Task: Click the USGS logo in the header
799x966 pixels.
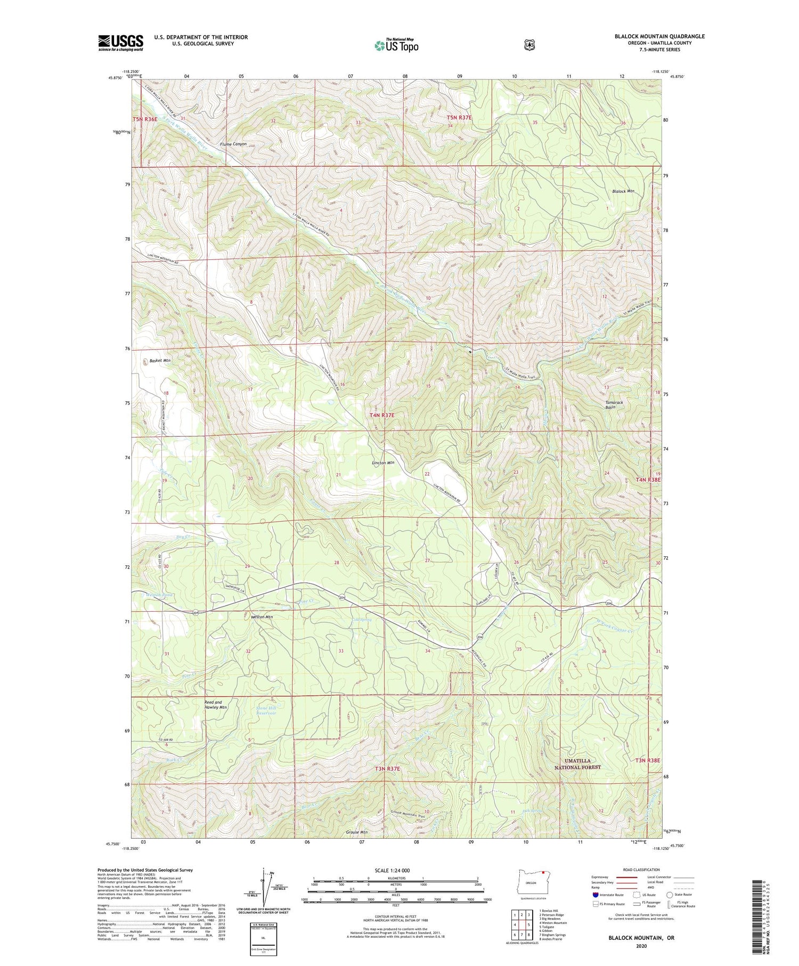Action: (120, 43)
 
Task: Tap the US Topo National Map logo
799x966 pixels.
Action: (396, 45)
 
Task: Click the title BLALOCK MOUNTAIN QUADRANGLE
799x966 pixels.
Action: (652, 36)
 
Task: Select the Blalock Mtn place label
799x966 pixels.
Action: (623, 191)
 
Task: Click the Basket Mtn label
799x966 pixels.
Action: (160, 361)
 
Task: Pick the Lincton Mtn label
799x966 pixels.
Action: (383, 463)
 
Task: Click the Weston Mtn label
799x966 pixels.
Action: (262, 617)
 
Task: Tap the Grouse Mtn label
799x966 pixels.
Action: (356, 832)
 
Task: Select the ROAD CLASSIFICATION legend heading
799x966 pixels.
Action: (641, 870)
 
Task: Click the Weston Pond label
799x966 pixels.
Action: (156, 595)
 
